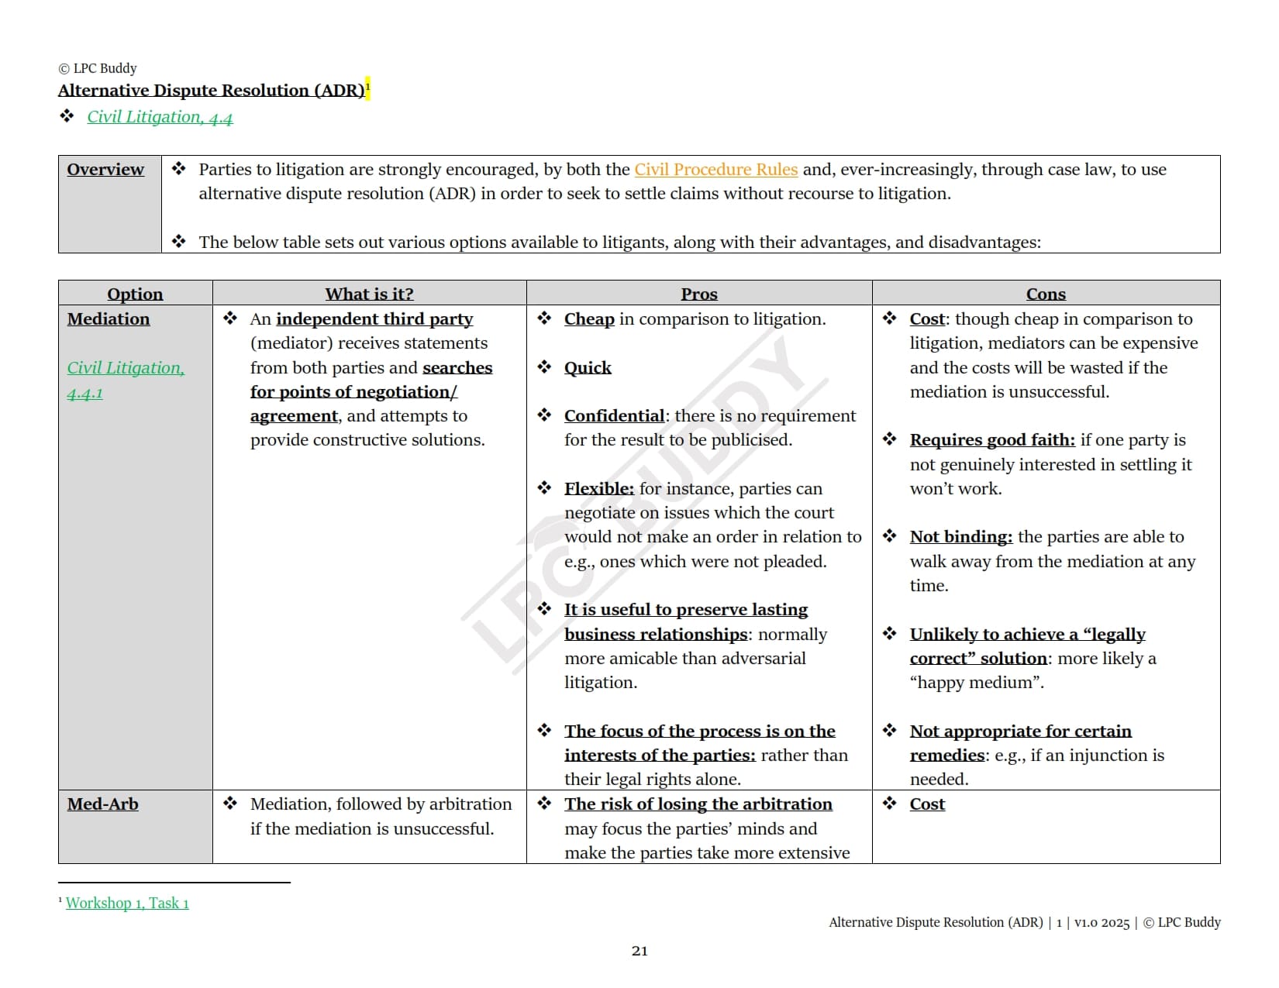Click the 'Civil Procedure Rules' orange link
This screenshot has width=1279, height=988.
coord(715,170)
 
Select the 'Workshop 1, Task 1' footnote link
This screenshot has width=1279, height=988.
coord(127,903)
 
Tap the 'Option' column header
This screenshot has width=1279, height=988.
coord(135,294)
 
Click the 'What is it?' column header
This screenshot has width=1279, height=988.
coord(369,294)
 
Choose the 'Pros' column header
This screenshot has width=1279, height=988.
coord(698,294)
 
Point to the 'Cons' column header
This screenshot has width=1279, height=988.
coord(1046,294)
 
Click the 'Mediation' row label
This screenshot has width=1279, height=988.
coord(109,319)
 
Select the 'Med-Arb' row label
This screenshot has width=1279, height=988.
coord(103,804)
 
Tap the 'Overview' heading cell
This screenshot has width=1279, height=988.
coord(105,170)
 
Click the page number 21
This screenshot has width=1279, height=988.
coord(639,951)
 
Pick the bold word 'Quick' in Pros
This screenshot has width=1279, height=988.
coord(588,368)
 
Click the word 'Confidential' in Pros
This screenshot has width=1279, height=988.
coord(614,416)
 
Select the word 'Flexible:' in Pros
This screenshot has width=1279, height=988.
coord(598,489)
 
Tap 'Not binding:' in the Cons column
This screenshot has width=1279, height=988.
coord(960,537)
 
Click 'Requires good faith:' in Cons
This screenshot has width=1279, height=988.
coord(991,440)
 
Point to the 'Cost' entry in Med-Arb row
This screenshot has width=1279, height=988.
coord(927,804)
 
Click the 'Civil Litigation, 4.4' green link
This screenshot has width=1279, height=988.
coord(160,117)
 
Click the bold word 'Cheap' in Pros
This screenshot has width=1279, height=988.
coord(589,319)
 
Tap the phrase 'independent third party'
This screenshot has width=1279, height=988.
coord(374,319)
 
